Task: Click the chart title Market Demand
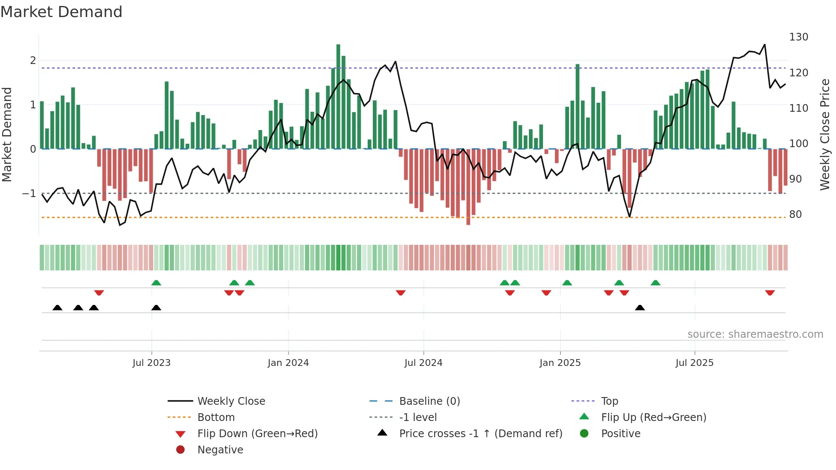[x=61, y=12]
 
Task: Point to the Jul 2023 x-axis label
[x=151, y=363]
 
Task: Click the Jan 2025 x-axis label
[x=560, y=363]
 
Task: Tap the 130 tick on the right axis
[x=798, y=37]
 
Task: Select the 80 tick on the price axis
[x=795, y=214]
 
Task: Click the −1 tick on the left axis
[x=29, y=193]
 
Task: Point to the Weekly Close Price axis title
[x=825, y=134]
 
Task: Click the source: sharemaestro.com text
[x=755, y=334]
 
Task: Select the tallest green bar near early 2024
[x=338, y=96]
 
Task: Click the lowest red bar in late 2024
[x=468, y=187]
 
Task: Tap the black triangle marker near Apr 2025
[x=640, y=308]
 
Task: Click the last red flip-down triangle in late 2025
[x=770, y=293]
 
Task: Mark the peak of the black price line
[x=764, y=44]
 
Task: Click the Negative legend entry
[x=220, y=450]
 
